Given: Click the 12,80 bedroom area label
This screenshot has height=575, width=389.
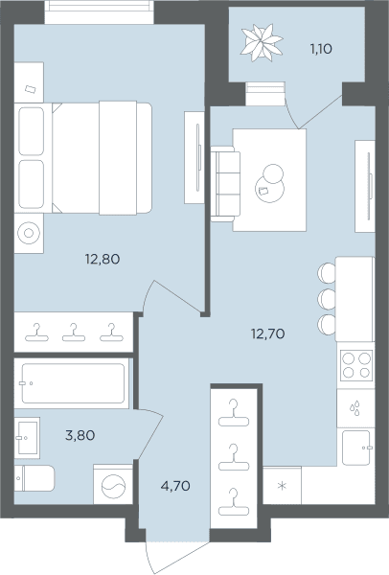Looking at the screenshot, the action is coord(103,260).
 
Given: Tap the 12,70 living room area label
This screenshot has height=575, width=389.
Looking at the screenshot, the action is coord(267,333).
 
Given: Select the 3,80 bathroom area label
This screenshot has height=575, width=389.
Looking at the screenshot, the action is coord(80,435).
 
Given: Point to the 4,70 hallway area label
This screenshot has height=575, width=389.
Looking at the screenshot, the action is coord(175,486).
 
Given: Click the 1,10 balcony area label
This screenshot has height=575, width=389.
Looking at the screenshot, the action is coord(321,49).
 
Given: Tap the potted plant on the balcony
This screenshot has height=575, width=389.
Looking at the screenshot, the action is coord(262,43).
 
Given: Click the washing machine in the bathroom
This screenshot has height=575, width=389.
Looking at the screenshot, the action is coord(113,485).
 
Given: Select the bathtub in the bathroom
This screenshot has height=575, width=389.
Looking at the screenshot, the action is coord(73,383).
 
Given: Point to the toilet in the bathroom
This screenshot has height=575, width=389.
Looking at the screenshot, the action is coord(34,478).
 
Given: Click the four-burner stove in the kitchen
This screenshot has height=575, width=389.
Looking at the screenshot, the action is coord(356,364).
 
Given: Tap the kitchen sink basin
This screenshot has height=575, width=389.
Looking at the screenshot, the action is coord(356,448).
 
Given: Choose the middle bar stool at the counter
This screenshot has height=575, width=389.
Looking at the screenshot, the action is coord(327,299).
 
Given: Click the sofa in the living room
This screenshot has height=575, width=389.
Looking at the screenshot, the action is coord(225,184).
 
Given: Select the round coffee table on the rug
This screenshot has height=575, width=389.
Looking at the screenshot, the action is coord(270,188).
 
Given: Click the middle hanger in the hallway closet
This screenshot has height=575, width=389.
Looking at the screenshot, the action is coord(234,457).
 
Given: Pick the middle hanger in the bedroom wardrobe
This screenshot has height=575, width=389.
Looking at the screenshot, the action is coord(74,333).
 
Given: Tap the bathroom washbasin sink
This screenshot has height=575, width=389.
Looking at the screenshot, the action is coord(27,438).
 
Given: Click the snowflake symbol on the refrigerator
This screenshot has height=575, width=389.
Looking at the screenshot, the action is coord(282,486).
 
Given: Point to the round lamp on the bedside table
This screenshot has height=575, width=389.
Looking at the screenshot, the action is coord(29,233).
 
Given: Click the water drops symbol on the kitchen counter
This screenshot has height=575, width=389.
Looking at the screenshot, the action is coord(355,408).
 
